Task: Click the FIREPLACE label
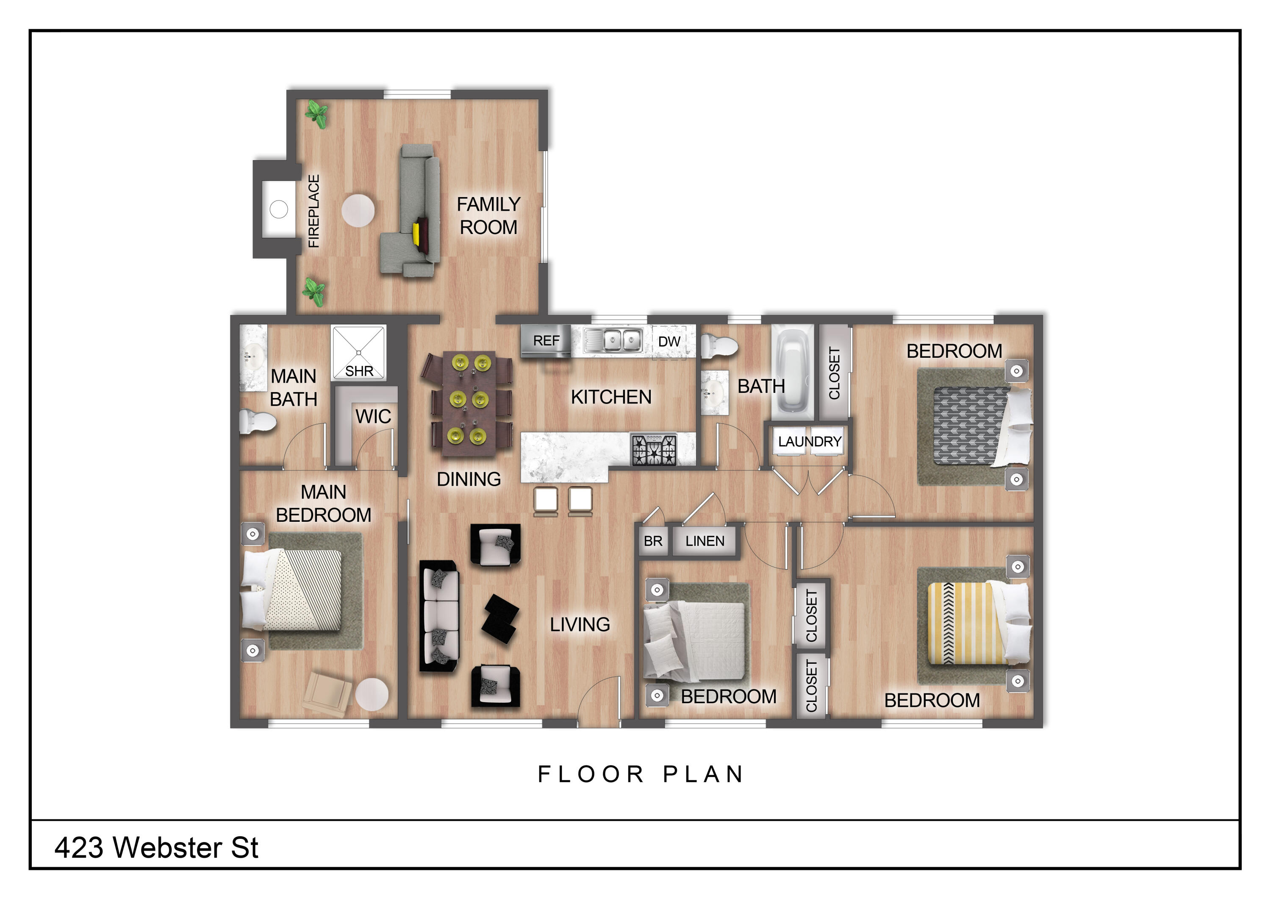(x=314, y=211)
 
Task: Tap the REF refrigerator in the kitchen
(x=546, y=341)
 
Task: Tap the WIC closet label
(x=373, y=417)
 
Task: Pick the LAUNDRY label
(x=809, y=442)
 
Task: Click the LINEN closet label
(x=704, y=541)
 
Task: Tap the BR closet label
(x=653, y=541)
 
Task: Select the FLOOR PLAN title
(x=641, y=774)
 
